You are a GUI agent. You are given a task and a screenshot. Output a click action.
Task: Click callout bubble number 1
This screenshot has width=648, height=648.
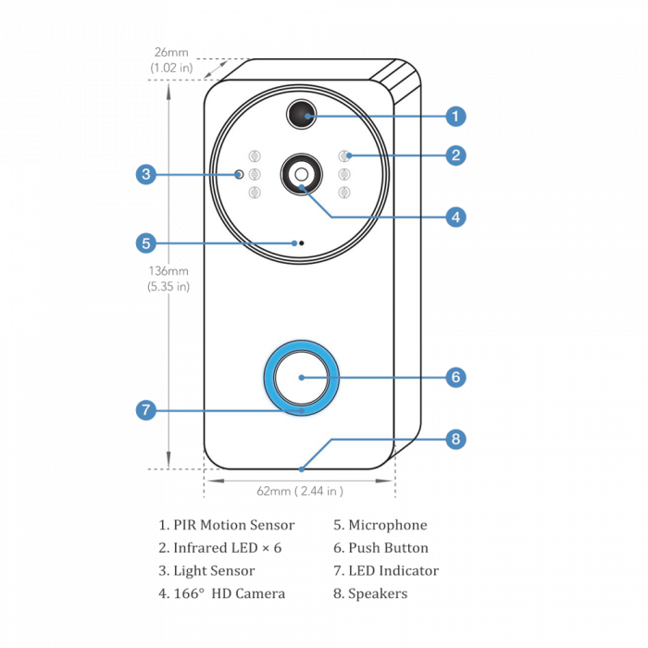[x=455, y=117]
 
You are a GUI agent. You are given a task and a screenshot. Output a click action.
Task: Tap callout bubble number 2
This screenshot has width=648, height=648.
[x=455, y=155]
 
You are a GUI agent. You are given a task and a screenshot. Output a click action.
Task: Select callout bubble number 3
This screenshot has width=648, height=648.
[x=145, y=174]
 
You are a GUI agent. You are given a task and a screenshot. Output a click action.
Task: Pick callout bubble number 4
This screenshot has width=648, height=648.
[x=455, y=217]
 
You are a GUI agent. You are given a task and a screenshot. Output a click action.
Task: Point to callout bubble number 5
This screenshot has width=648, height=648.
[x=145, y=243]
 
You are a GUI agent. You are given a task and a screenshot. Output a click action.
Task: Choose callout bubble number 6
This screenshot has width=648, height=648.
[x=455, y=378]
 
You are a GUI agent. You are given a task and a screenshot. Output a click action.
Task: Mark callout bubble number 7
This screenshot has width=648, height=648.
[x=145, y=409]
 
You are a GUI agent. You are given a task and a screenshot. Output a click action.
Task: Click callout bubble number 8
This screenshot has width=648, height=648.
[x=455, y=439]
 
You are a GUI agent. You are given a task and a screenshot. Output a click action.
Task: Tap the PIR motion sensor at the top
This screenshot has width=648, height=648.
[x=301, y=113]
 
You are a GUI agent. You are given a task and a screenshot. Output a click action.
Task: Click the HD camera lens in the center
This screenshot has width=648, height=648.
[x=302, y=173]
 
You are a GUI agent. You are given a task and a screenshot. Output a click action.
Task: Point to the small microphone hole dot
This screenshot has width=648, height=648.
[x=298, y=243]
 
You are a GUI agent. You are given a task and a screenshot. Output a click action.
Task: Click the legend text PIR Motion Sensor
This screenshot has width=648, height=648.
[x=228, y=525]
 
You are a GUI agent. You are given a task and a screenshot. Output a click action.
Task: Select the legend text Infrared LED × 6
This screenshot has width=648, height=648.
[x=219, y=548]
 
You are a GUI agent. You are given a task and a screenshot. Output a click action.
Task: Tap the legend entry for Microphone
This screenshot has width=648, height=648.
[x=380, y=525]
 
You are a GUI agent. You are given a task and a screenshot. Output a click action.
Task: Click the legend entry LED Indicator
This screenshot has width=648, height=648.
[x=386, y=571]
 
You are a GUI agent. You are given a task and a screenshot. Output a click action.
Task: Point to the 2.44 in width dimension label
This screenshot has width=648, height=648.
[x=299, y=491]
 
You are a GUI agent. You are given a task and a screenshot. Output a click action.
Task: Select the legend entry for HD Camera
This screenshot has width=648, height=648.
[x=222, y=593]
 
